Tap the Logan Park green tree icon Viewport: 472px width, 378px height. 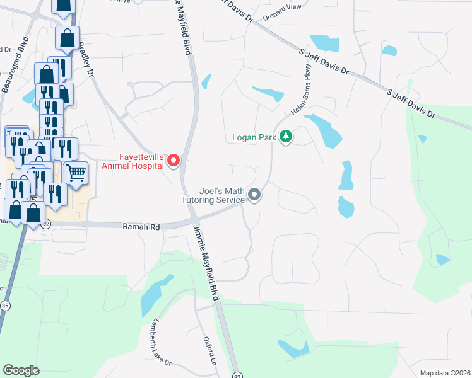[286, 136]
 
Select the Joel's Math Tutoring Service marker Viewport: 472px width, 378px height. [254, 195]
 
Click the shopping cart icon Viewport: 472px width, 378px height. [75, 171]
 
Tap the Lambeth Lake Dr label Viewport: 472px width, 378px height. [160, 341]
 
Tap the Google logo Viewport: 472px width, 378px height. [21, 370]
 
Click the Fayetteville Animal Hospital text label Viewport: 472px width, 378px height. [133, 162]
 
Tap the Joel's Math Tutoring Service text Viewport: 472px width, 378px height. [221, 195]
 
